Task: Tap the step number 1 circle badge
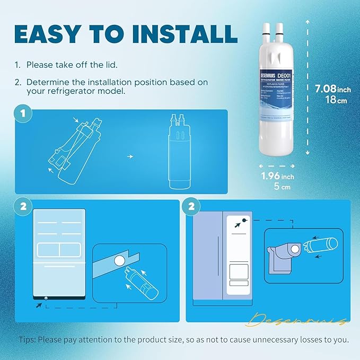pos(22,114)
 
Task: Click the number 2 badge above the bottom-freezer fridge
pos(22,207)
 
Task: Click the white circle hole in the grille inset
pos(119,260)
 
